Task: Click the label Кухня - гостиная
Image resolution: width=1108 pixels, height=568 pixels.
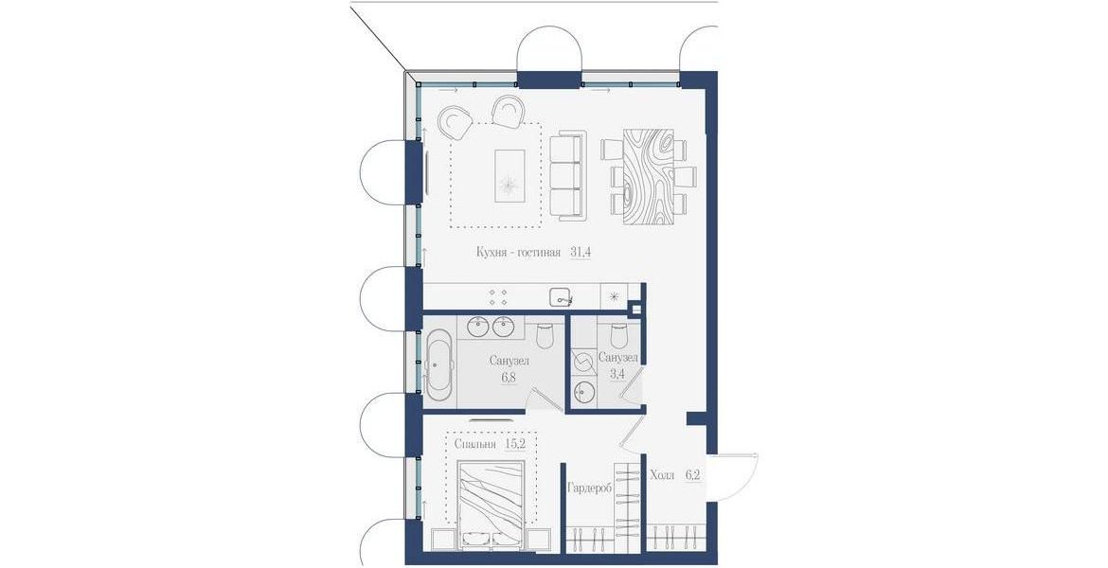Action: coord(518,252)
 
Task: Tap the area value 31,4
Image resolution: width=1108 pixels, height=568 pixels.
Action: coord(581,252)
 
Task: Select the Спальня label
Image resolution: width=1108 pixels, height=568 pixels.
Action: coord(474,444)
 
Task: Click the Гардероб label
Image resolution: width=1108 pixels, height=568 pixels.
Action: coord(590,487)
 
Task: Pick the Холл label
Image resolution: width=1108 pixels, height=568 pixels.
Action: coord(662,474)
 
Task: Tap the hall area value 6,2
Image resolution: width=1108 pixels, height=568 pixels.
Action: coord(692,474)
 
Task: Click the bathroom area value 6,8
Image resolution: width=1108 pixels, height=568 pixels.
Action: coord(509,378)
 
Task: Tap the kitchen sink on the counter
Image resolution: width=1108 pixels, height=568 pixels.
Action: coord(563,297)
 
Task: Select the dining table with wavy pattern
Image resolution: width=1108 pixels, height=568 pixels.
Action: coord(650,176)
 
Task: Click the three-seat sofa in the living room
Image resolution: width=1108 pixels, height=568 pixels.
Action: coord(567,174)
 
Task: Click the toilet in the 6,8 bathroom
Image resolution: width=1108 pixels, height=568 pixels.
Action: coord(545,335)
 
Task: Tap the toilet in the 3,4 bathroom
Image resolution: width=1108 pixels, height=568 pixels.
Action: coord(619,333)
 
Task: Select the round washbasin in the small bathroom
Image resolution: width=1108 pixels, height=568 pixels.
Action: coord(584,391)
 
